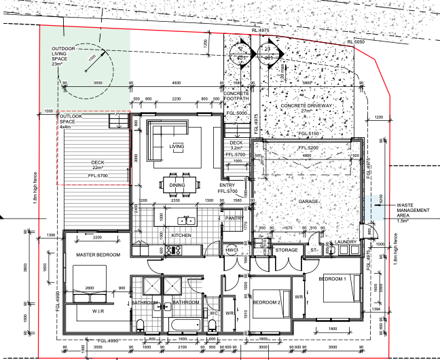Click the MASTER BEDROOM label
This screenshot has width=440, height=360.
(98, 255)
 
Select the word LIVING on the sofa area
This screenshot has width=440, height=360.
(177, 146)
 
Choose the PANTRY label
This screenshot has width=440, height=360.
(236, 219)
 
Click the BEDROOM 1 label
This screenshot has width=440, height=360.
(334, 279)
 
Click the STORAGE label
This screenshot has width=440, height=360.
(286, 251)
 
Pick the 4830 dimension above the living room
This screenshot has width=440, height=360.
(177, 83)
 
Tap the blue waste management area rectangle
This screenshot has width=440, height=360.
(375, 208)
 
